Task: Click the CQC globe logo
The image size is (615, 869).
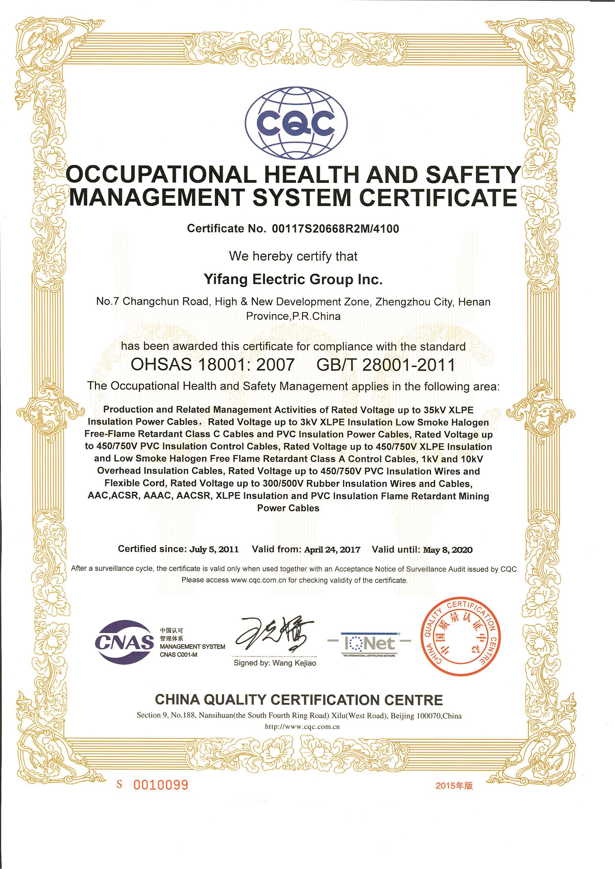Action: click(296, 123)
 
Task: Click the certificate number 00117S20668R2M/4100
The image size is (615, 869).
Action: click(335, 229)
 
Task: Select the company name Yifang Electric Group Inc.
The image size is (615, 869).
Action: click(293, 279)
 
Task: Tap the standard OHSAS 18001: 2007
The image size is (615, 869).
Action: click(213, 364)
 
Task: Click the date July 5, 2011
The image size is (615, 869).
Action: click(214, 549)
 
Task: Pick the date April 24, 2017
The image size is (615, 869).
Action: click(332, 549)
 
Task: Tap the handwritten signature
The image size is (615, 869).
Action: click(274, 634)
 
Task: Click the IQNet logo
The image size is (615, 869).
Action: click(369, 643)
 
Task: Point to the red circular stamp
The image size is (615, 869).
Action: click(461, 637)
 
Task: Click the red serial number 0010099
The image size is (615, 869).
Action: click(161, 785)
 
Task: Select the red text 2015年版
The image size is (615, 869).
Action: click(454, 786)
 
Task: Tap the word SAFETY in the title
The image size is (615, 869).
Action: click(473, 175)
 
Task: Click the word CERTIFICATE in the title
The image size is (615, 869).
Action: click(438, 198)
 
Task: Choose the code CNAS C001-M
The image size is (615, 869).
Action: click(178, 655)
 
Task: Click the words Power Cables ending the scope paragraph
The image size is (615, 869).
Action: click(288, 508)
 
